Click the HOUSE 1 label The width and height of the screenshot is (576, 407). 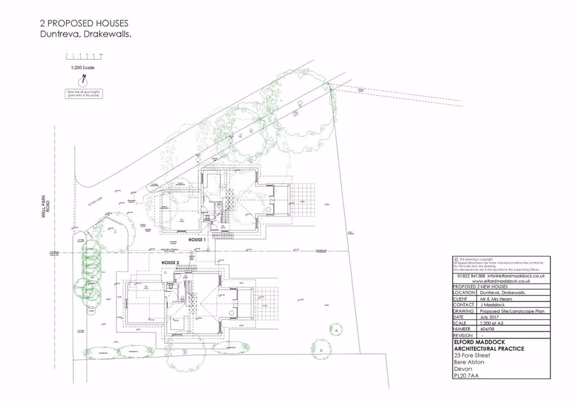[197, 240]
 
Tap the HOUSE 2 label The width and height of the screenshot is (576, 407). [170, 262]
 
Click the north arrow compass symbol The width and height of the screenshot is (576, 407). [83, 81]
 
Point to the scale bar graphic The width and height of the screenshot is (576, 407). [83, 57]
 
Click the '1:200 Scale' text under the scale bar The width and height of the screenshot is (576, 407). [82, 67]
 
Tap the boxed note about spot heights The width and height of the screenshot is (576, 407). [83, 94]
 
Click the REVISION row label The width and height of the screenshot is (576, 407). [462, 336]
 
